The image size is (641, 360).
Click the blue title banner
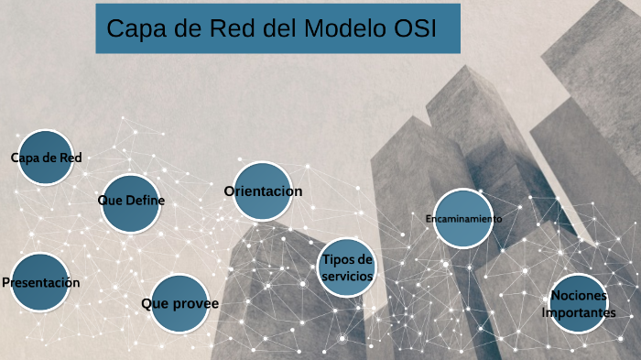click(x=277, y=28)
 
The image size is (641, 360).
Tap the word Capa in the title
click(x=136, y=28)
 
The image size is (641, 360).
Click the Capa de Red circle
click(x=45, y=158)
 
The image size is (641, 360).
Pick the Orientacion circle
click(x=263, y=191)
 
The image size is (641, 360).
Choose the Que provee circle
click(x=179, y=302)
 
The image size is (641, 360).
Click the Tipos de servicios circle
click(x=347, y=268)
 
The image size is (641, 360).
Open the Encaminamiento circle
click(x=463, y=219)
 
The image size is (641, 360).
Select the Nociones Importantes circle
click(x=579, y=303)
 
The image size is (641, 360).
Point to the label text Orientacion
click(x=263, y=191)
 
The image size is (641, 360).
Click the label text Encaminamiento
click(x=463, y=219)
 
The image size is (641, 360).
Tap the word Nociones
click(x=579, y=295)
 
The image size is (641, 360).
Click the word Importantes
click(x=579, y=312)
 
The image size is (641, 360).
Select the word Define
click(x=145, y=201)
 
